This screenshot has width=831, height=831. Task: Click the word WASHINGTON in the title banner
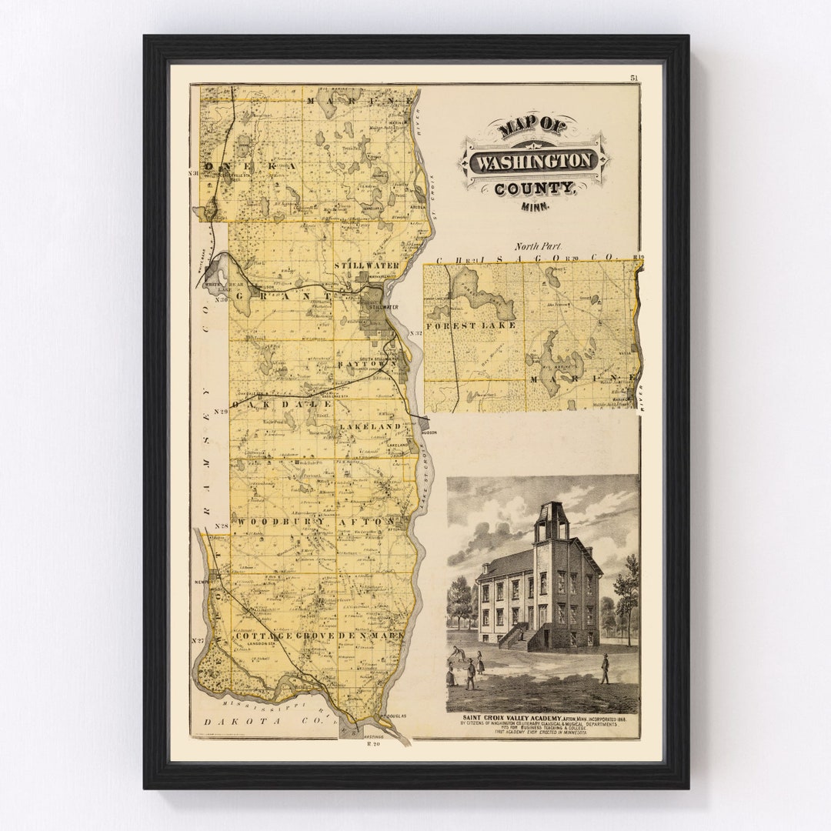tap(534, 162)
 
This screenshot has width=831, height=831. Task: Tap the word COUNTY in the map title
tap(534, 189)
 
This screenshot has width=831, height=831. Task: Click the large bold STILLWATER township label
tap(366, 265)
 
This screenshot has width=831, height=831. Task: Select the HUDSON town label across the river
tap(428, 432)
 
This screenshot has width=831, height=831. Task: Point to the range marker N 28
tap(222, 526)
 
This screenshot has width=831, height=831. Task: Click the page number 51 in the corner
tap(634, 78)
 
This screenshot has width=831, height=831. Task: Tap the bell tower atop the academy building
tap(551, 522)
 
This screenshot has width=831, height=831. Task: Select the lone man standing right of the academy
tap(605, 668)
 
